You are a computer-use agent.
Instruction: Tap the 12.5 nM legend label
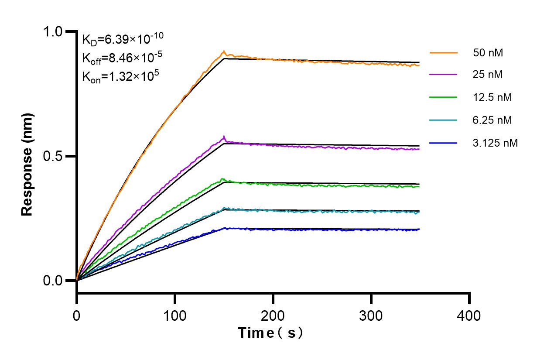[492, 97]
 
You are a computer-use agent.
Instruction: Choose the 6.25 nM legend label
[492, 120]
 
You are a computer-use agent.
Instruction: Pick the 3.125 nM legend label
[495, 142]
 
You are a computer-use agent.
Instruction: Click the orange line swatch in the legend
[444, 53]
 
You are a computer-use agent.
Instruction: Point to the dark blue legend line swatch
[444, 142]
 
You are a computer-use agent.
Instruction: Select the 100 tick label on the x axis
[175, 315]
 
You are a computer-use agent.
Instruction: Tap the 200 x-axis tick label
[273, 315]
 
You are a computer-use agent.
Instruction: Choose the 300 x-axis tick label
[371, 315]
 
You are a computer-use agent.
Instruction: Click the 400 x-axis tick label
[469, 315]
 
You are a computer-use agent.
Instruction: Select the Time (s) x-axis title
[271, 333]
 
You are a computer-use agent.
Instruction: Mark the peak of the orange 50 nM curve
[224, 51]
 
